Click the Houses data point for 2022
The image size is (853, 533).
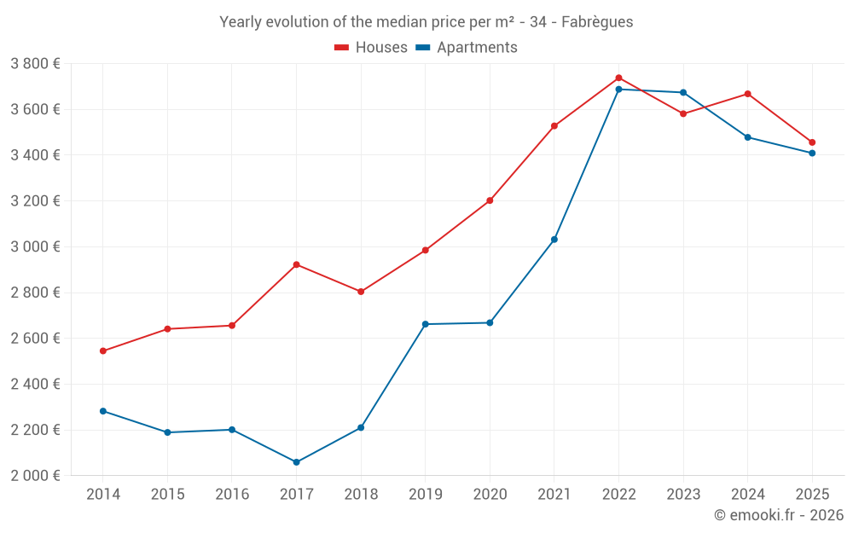(x=618, y=78)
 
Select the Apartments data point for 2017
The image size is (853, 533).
(x=296, y=462)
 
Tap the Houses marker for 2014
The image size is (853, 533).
(x=102, y=351)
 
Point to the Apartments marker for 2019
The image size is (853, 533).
(x=425, y=324)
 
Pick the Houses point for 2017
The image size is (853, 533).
(x=296, y=264)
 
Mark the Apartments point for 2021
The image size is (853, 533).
(x=554, y=240)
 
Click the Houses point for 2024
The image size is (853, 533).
(x=747, y=94)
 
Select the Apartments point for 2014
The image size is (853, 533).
(x=102, y=411)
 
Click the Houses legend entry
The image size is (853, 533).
(x=371, y=48)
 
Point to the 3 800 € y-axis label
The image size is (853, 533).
(x=35, y=64)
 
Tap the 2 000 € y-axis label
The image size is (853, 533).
(x=35, y=476)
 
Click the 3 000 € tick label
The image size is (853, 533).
(x=35, y=247)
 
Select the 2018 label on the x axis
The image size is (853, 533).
(x=361, y=495)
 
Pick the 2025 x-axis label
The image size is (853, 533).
(x=812, y=495)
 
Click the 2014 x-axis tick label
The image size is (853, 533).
(x=102, y=495)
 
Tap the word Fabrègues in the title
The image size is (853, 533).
(x=597, y=22)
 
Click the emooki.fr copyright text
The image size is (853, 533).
(x=779, y=515)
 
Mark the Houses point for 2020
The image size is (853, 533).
(x=490, y=200)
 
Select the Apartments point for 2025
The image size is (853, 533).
(x=812, y=154)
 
